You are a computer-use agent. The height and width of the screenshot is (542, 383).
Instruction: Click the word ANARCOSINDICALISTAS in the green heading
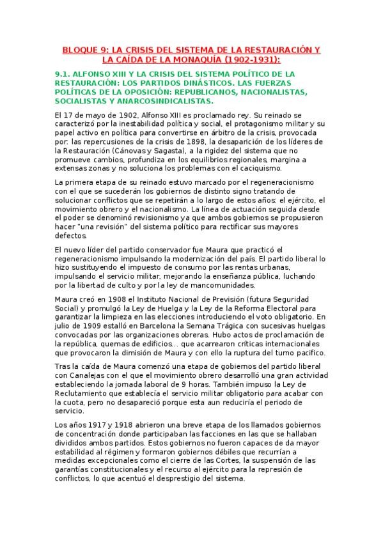point(168,101)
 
